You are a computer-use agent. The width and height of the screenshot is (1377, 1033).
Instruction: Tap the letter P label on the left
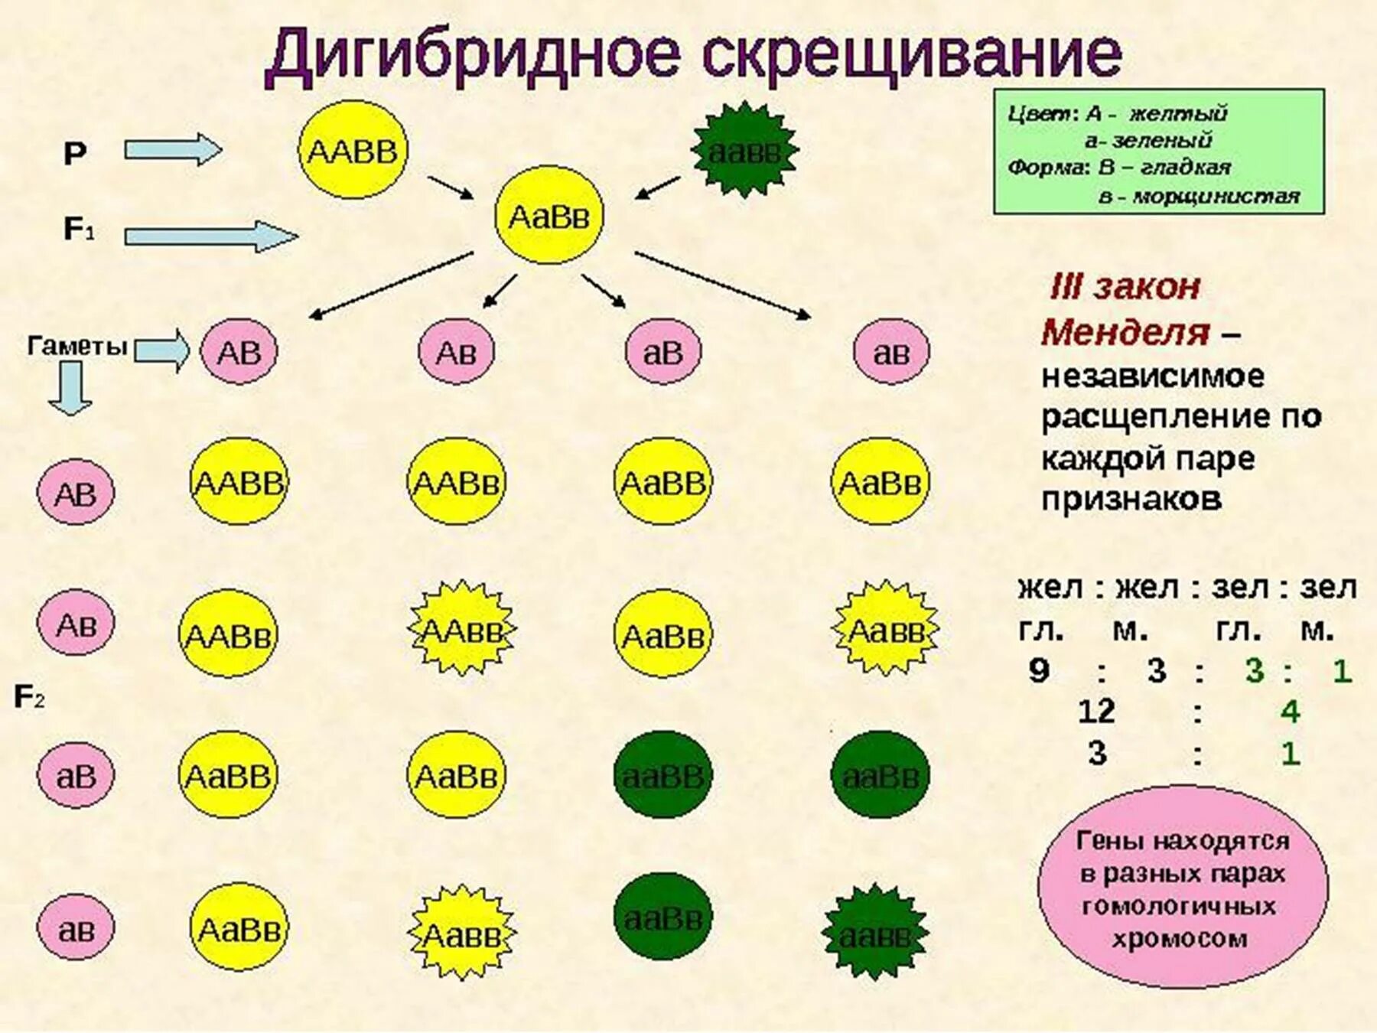point(74,155)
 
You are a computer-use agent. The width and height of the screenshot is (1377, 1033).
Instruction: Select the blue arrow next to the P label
point(173,149)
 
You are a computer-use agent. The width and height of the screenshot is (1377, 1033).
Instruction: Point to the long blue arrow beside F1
point(210,236)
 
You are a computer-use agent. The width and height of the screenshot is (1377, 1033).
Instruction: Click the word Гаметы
point(76,347)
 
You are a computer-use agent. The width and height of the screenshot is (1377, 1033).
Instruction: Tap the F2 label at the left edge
point(29,697)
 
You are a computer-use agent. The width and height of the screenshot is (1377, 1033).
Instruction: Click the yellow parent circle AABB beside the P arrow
point(352,151)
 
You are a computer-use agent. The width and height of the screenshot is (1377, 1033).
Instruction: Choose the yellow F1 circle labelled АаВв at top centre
point(549,217)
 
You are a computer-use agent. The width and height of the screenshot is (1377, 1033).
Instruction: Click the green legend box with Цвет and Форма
point(1158,152)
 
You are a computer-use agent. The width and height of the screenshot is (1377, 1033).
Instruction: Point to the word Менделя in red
point(1125,332)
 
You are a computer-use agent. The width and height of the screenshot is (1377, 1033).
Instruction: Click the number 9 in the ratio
point(1038,670)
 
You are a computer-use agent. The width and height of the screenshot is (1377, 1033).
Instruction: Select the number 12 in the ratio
point(1095,712)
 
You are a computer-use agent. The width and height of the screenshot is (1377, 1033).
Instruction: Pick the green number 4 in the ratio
point(1290,712)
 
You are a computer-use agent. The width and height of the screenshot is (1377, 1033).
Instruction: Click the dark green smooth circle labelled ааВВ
point(662,775)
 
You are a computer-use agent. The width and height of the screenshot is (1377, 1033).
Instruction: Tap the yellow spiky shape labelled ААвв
point(462,630)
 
